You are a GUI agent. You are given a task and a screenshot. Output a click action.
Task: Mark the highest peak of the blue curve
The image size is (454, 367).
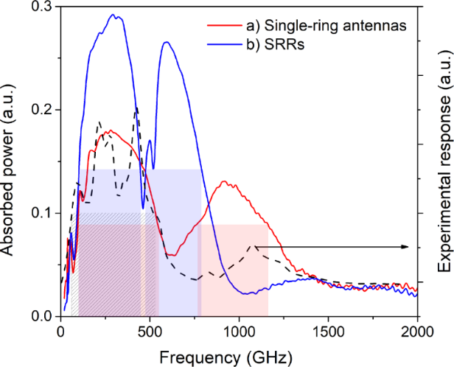tap(113, 14)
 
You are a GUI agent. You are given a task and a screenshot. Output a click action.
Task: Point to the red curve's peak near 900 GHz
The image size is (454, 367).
tap(225, 182)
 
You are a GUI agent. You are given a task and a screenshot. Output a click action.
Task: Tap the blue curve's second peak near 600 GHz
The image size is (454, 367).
tap(166, 42)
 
